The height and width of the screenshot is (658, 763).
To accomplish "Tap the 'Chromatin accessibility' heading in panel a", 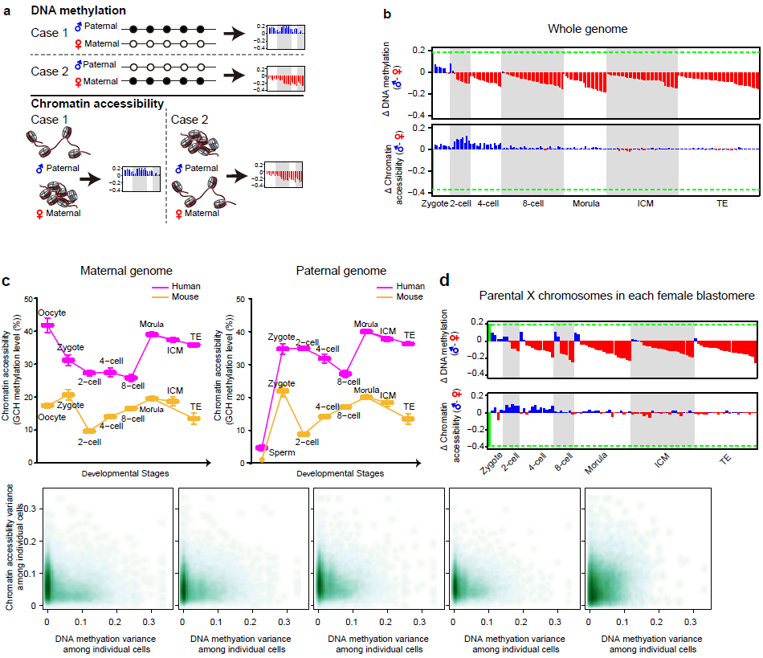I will tap(98, 104).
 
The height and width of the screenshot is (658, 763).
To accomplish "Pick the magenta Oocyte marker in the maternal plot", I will tap(47, 325).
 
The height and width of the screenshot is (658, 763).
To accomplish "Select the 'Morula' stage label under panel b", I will tap(586, 203).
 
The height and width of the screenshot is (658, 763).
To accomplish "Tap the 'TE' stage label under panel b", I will tap(722, 203).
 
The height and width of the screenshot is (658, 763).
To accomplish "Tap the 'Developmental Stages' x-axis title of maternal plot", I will tap(125, 474).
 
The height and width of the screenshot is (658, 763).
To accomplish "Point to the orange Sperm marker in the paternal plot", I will tap(262, 459).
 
